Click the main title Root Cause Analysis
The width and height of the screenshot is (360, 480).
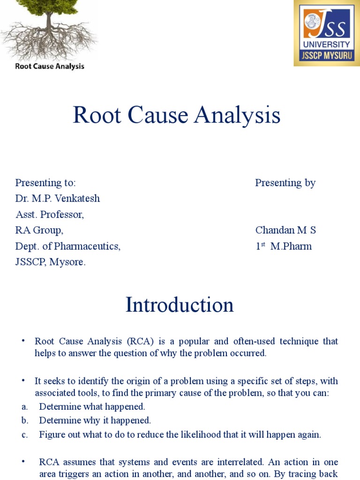click(x=177, y=116)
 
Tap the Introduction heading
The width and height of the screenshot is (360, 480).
click(x=180, y=305)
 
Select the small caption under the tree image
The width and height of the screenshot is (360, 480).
click(x=50, y=66)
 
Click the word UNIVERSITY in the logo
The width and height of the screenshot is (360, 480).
click(x=327, y=45)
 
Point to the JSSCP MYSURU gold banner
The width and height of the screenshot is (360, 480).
click(x=327, y=55)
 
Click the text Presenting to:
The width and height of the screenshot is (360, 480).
click(x=45, y=183)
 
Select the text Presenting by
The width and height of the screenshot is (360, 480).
click(x=285, y=183)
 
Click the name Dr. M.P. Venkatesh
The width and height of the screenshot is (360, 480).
click(x=57, y=198)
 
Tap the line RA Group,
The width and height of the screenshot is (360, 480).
click(x=39, y=230)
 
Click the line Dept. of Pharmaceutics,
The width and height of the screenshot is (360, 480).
click(x=68, y=246)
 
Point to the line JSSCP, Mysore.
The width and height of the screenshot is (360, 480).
click(x=51, y=262)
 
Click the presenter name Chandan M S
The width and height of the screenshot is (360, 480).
click(x=285, y=230)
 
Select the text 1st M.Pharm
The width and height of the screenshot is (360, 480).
click(x=283, y=246)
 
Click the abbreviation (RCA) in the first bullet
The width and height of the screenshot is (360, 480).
click(x=131, y=341)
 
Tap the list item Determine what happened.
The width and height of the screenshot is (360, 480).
click(x=92, y=406)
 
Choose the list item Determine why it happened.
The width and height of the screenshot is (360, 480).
click(x=95, y=420)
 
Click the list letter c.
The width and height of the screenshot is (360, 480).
click(x=24, y=435)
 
